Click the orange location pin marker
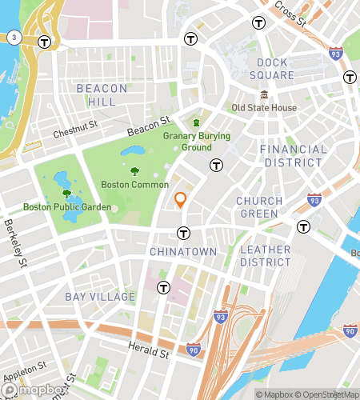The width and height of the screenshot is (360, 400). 181,199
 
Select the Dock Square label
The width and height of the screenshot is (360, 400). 276,69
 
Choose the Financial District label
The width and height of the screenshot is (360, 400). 294,156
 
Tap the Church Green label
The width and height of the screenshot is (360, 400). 259,207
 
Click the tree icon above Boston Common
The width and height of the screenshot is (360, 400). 134,170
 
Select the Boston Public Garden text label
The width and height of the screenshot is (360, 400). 66,207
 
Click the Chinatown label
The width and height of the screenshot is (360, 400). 183,251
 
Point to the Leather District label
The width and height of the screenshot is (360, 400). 266,256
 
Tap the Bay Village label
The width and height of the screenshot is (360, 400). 101,297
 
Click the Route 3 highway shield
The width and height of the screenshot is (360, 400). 14,38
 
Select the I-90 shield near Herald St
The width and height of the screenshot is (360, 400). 193,350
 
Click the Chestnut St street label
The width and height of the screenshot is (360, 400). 74,130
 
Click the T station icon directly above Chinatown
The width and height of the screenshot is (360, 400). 183,234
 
